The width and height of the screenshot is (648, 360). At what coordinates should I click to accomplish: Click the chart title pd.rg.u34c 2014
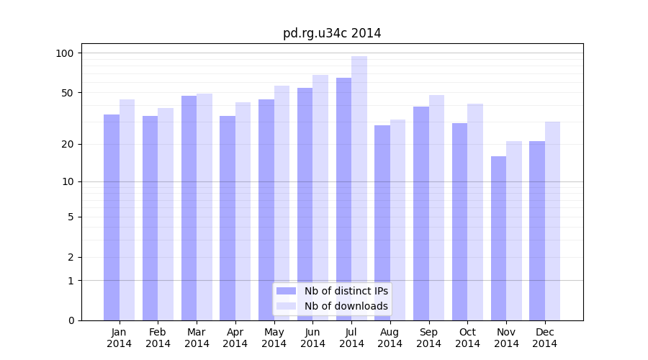(332, 33)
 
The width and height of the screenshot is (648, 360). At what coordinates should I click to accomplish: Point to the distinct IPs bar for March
(189, 208)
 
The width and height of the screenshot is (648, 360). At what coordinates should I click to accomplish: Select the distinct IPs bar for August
(382, 222)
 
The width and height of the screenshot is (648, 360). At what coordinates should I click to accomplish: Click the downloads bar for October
(475, 212)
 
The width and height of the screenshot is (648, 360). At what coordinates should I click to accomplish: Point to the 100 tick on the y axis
(65, 53)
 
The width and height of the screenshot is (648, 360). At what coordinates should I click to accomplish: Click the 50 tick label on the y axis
(67, 93)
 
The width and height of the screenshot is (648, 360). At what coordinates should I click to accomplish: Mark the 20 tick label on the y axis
(67, 144)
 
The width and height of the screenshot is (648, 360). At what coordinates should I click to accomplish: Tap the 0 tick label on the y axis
(71, 320)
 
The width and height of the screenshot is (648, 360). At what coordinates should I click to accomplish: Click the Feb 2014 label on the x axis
(158, 338)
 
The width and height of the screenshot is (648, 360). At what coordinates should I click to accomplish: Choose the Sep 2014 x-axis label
(428, 338)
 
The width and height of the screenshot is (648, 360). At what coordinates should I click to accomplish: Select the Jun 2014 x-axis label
(312, 338)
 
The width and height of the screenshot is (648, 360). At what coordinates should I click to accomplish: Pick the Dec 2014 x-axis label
(545, 338)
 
